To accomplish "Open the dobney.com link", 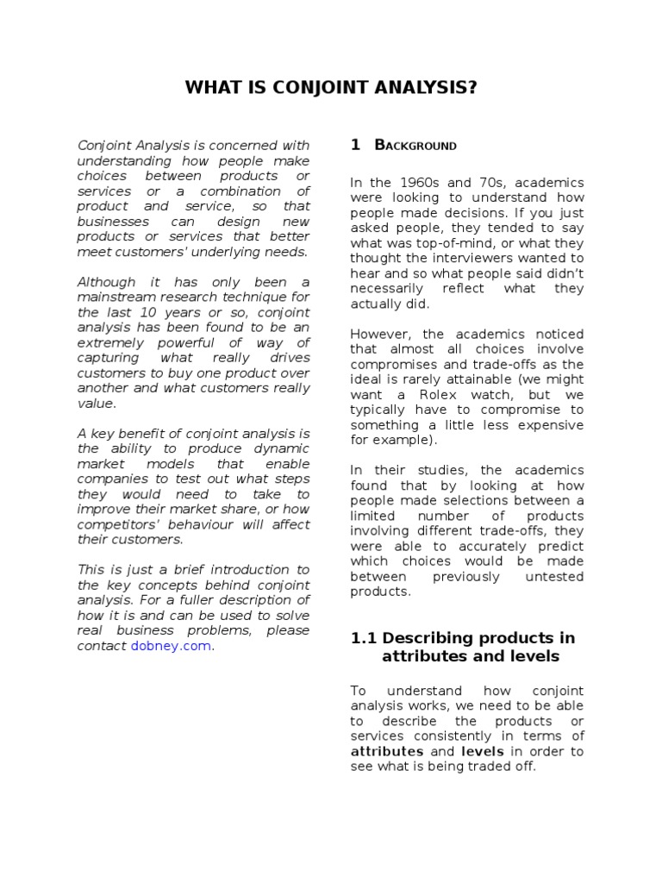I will coord(171,646).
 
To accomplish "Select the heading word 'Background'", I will coord(415,146).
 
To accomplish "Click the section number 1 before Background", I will coord(355,145).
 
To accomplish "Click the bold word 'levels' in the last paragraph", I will coord(483,751).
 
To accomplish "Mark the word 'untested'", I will coord(554,576).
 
